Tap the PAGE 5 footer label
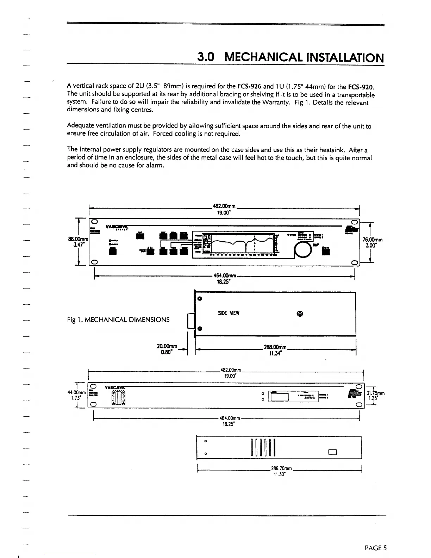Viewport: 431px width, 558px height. (x=376, y=548)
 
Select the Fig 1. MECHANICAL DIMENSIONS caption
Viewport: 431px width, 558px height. (x=118, y=320)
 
